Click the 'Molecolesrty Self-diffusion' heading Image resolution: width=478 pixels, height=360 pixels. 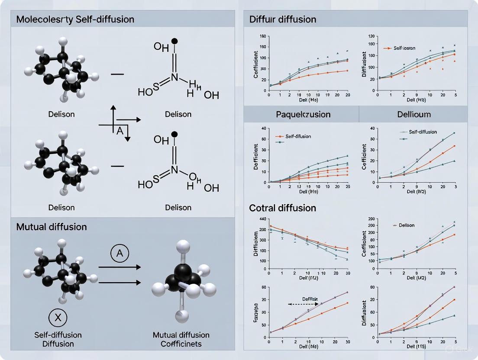tap(75, 19)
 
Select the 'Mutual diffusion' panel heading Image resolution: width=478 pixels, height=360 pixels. tap(52, 227)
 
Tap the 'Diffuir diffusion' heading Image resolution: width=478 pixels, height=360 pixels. tap(283, 19)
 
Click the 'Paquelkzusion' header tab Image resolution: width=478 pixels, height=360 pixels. tap(303, 114)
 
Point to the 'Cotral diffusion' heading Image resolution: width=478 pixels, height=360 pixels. tap(283, 208)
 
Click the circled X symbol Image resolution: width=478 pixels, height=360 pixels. tap(58, 318)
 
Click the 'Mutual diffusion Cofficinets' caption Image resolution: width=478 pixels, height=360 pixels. tap(181, 339)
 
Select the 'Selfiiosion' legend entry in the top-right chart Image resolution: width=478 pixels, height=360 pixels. tap(404, 48)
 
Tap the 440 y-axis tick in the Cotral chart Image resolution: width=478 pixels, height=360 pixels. tap(262, 219)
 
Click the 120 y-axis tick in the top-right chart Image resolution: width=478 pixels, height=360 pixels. tap(370, 36)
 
